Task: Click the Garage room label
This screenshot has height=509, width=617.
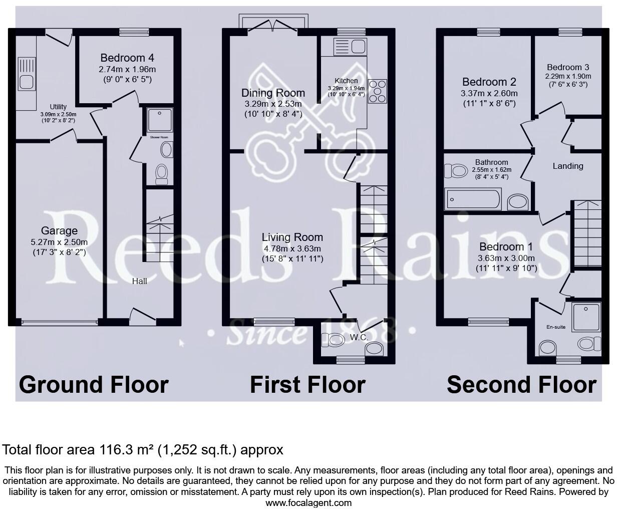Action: click(59, 230)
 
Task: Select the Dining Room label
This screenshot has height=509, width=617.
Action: click(273, 93)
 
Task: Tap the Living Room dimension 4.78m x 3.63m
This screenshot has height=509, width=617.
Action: click(292, 248)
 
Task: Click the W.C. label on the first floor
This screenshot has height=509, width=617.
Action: click(359, 337)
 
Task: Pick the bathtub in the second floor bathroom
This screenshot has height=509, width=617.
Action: click(473, 199)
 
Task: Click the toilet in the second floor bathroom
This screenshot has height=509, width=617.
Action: click(455, 171)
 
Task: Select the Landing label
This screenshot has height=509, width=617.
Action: click(567, 166)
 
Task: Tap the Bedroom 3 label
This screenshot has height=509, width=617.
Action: click(568, 67)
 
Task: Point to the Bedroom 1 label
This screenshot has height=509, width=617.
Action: click(506, 246)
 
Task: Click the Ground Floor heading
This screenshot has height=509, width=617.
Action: click(94, 384)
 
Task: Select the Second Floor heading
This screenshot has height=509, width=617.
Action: click(521, 384)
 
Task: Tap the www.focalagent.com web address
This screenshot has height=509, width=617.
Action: click(308, 502)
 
